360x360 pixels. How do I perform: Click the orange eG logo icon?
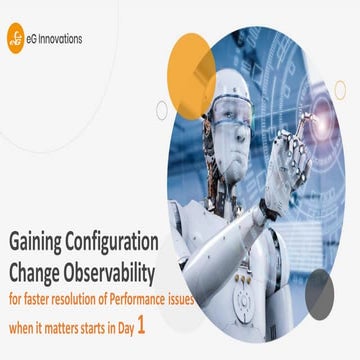pos(14,41)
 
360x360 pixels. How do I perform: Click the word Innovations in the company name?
pos(61,40)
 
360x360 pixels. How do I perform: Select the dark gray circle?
pos(319,294)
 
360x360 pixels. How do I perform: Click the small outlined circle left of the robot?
pos(162,109)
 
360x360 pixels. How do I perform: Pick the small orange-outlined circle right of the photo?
pos(339,90)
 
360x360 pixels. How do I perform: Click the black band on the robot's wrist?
pos(269,210)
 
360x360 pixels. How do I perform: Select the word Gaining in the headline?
pos(38,243)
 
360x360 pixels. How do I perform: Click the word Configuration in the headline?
pos(117,243)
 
